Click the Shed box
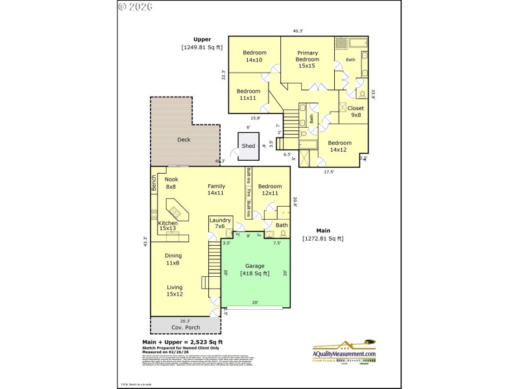point(248,145)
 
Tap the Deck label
point(184,139)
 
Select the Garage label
point(254,270)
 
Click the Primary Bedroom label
point(307,59)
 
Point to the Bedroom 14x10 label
point(254,56)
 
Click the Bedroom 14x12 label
point(339,146)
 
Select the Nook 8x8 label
point(171,183)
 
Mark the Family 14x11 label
point(216,189)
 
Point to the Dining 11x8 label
point(173,259)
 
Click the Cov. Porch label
point(185,327)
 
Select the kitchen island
point(175,211)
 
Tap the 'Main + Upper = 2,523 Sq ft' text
point(182,342)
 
